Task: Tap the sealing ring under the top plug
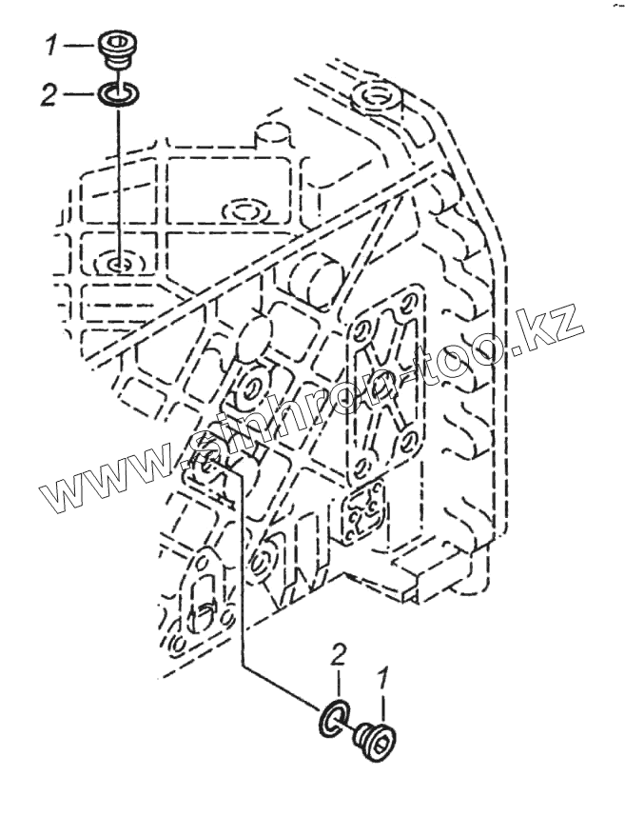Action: click(117, 94)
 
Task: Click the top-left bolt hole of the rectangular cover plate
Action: click(362, 332)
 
